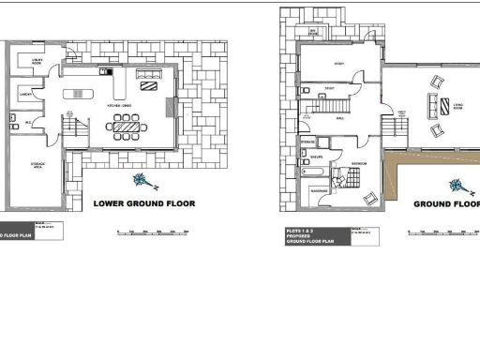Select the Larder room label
(x=27, y=94)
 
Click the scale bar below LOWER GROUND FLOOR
(x=156, y=231)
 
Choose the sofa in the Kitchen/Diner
(x=147, y=86)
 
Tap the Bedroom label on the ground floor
(x=357, y=163)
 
